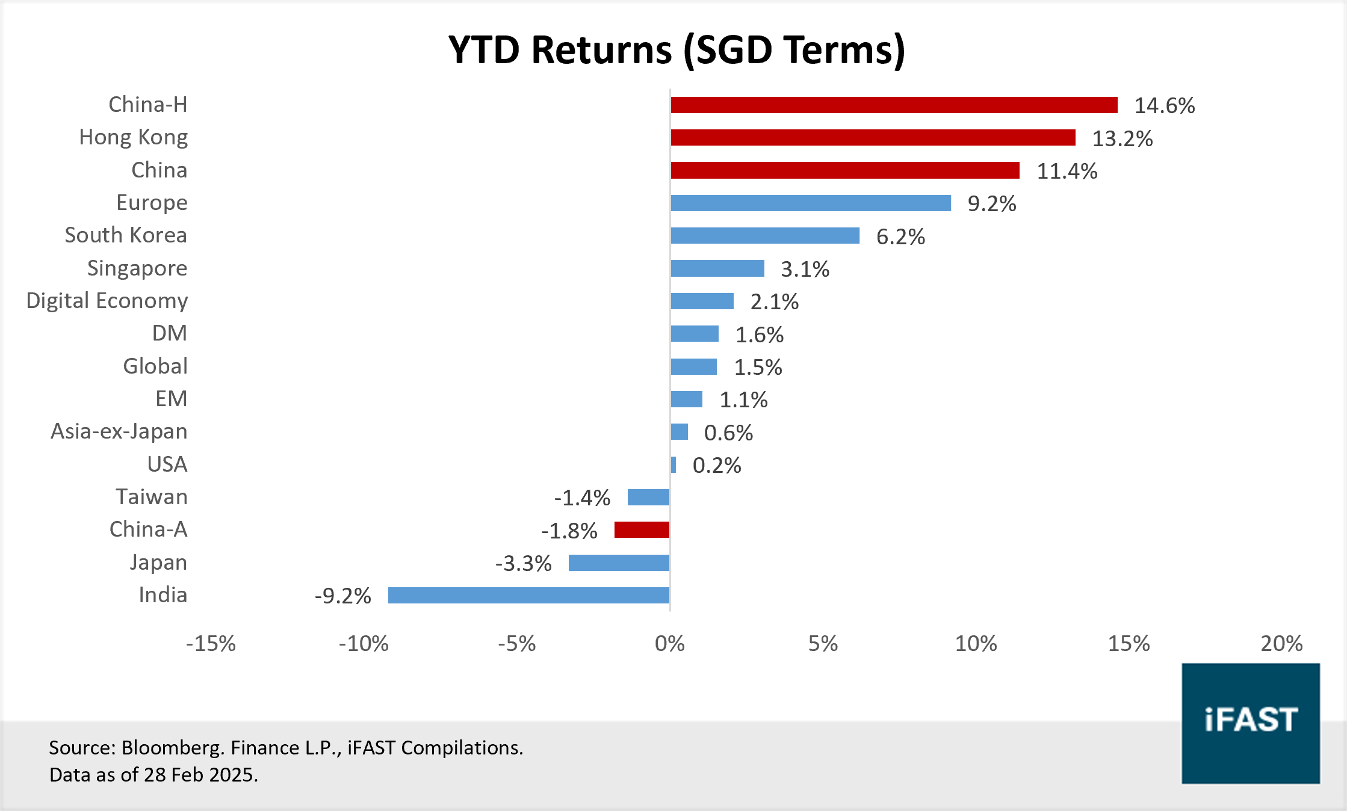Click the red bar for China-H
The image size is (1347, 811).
(x=894, y=105)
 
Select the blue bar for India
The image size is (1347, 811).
(x=528, y=596)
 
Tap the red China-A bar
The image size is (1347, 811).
(x=642, y=530)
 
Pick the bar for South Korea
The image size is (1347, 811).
(x=765, y=236)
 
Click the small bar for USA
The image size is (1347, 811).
(x=673, y=465)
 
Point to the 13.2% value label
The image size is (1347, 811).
(x=1122, y=139)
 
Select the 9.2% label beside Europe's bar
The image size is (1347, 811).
(x=991, y=204)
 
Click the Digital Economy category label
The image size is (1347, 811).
(x=107, y=301)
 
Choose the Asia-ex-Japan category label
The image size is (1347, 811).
(x=119, y=431)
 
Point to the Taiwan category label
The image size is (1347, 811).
(x=152, y=497)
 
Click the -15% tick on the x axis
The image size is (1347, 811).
(x=211, y=644)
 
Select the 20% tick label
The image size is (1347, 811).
(x=1281, y=644)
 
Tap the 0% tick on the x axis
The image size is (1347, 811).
(x=669, y=644)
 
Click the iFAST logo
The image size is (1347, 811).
(x=1250, y=723)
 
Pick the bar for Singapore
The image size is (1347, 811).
(x=717, y=268)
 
